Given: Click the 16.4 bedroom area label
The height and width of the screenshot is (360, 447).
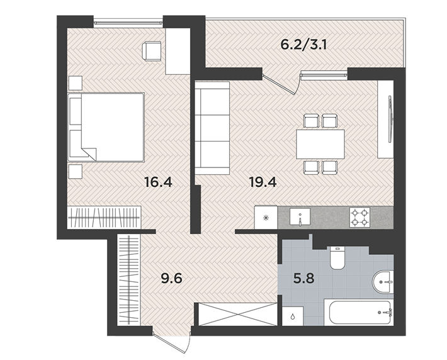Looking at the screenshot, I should pyautogui.click(x=158, y=183).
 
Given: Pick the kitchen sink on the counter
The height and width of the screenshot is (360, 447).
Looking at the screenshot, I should pyautogui.click(x=300, y=218).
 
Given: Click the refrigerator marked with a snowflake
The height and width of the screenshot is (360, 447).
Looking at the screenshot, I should pyautogui.click(x=266, y=218).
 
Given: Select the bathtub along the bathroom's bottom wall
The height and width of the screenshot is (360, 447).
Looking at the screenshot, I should pyautogui.click(x=358, y=312).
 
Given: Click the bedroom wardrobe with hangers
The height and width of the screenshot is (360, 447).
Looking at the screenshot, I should pyautogui.click(x=103, y=218).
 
